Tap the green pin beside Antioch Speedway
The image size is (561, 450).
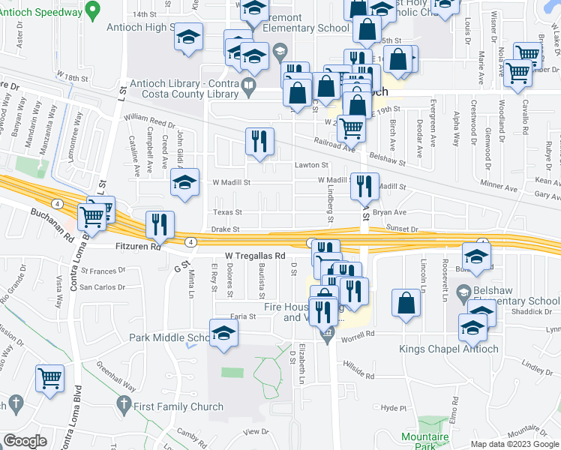(92, 10)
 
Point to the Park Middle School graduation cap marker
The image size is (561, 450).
(223, 334)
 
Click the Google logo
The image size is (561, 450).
(25, 441)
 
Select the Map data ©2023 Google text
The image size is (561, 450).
(514, 443)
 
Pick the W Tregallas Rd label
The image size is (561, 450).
(248, 256)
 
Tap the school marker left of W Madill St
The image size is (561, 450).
(184, 182)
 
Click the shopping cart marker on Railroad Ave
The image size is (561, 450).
(350, 128)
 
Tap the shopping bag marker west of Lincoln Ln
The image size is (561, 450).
(406, 303)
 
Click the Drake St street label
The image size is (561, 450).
(225, 229)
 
